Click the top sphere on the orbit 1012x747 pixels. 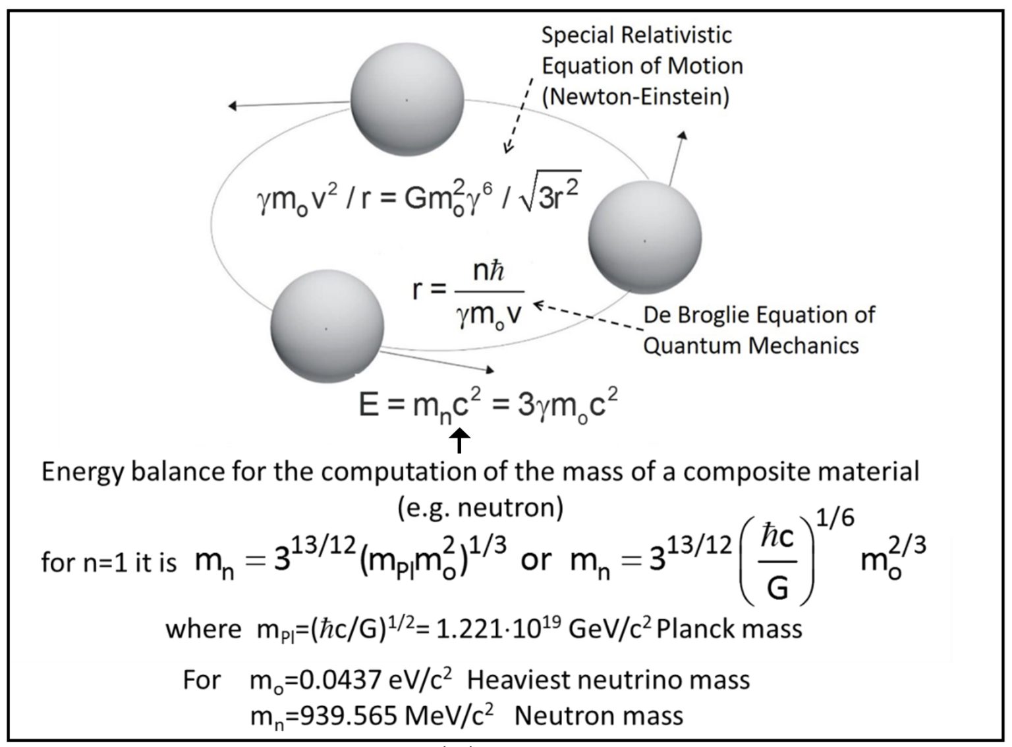pyautogui.click(x=407, y=100)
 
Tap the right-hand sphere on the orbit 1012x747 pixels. pyautogui.click(x=645, y=237)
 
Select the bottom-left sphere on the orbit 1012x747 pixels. pyautogui.click(x=327, y=326)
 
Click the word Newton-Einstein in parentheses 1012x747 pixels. pyautogui.click(x=636, y=98)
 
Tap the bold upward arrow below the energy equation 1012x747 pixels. pyautogui.click(x=459, y=442)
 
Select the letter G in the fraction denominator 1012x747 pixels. pyautogui.click(x=777, y=588)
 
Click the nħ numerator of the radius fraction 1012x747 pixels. pyautogui.click(x=489, y=272)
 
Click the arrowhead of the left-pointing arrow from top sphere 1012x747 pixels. pyautogui.click(x=232, y=106)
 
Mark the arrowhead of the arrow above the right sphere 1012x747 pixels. pyautogui.click(x=683, y=135)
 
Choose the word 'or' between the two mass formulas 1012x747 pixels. pyautogui.click(x=536, y=561)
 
